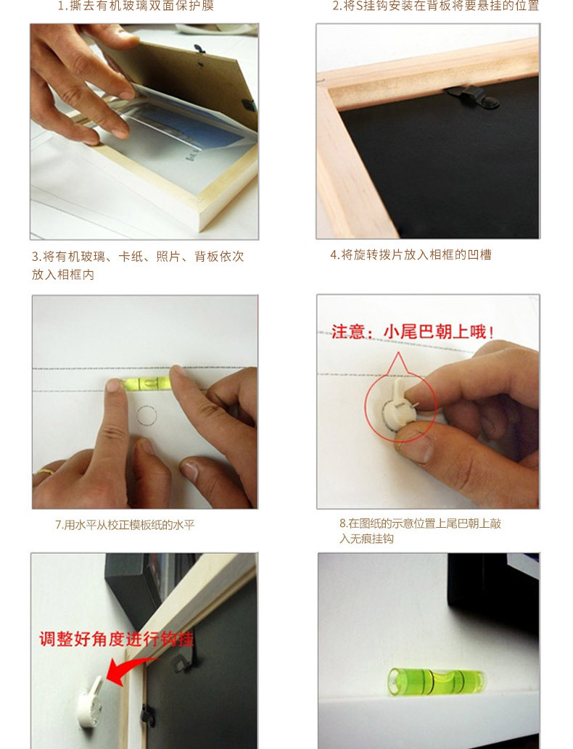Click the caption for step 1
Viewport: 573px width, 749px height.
pos(136,7)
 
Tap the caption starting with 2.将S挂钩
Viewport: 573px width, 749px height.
pos(435,7)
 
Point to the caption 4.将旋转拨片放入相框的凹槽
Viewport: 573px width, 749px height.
pos(411,255)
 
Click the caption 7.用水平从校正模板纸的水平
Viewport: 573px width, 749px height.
pos(125,524)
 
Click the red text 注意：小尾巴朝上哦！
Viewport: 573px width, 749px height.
pos(413,332)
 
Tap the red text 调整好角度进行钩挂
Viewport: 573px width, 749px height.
pos(116,640)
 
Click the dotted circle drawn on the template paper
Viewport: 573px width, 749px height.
pos(147,415)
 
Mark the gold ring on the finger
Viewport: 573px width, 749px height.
pos(46,471)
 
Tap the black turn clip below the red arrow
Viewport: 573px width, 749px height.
pos(147,713)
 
